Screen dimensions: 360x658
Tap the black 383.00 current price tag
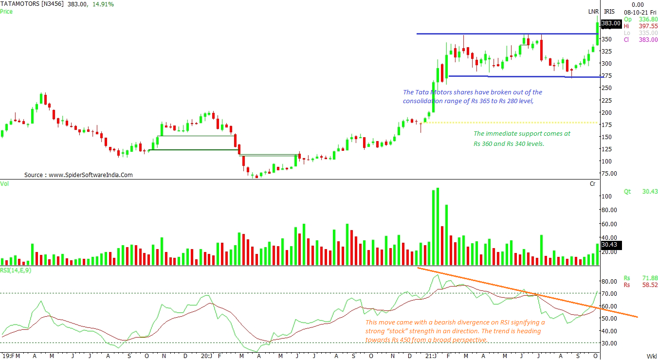[x=610, y=23]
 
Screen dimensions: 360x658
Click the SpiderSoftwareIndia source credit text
[x=78, y=175]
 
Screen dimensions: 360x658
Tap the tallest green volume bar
[x=438, y=226]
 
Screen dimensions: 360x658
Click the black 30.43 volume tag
[x=610, y=244]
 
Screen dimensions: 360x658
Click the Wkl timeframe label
[x=651, y=356]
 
